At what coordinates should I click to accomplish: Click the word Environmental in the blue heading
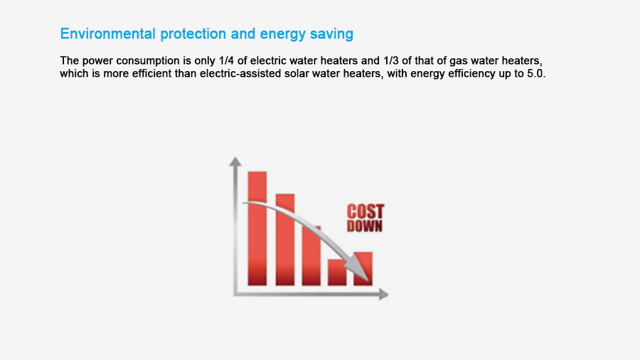point(108,33)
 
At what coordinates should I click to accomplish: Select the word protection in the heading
point(193,34)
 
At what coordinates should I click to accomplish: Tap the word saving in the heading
point(331,35)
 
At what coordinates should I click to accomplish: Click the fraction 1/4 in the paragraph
point(226,60)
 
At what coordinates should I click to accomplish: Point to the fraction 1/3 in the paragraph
point(390,60)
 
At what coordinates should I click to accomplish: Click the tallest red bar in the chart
point(257,228)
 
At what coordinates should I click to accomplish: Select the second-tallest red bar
point(285,240)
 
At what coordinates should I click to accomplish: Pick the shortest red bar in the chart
point(337,272)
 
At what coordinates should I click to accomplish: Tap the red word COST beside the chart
point(366,212)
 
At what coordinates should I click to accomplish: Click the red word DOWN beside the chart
point(365,226)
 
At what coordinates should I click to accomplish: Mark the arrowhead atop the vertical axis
point(235,162)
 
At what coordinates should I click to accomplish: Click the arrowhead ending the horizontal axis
point(383,294)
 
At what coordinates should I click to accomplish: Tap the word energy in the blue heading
point(282,35)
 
